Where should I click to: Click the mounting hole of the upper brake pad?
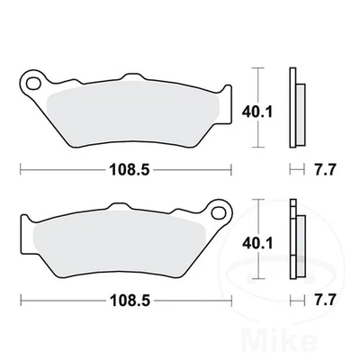tap(33, 83)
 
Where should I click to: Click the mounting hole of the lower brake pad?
tap(219, 212)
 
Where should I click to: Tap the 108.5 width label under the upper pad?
tap(130, 170)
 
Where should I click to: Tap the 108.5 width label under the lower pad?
tap(130, 301)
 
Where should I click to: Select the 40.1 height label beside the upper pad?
tap(257, 112)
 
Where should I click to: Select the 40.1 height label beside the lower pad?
tap(257, 243)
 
